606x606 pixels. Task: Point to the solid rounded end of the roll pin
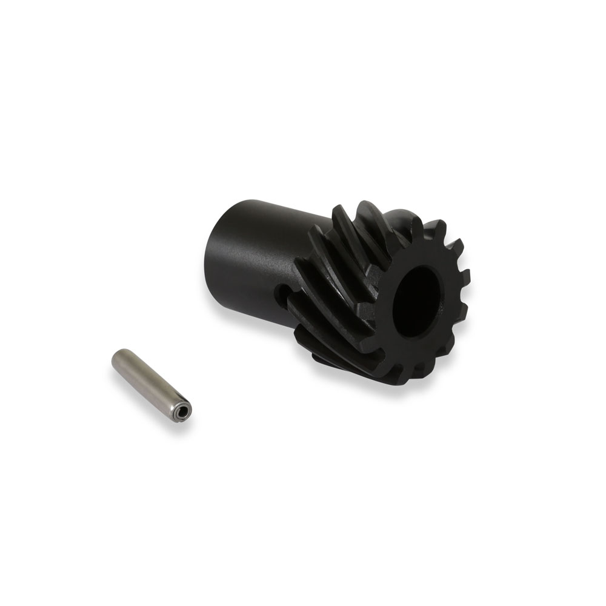(119, 357)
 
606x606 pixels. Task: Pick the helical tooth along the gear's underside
(339, 358)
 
